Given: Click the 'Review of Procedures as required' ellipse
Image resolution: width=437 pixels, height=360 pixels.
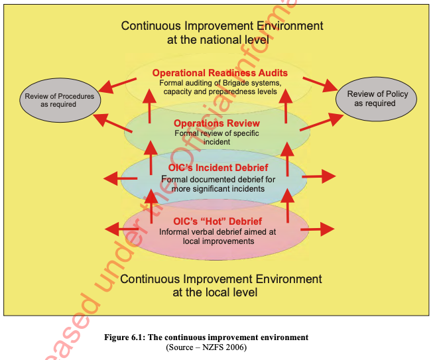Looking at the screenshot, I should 60,100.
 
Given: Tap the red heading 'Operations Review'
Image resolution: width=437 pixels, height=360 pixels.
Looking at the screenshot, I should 217,123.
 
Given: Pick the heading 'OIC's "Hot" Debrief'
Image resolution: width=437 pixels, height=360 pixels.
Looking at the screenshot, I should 216,221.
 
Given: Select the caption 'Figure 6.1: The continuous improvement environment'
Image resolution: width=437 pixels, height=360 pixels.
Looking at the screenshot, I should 206,337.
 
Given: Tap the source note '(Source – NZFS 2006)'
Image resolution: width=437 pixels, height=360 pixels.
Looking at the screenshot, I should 206,347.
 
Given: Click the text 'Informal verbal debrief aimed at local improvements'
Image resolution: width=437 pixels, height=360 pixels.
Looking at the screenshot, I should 216,237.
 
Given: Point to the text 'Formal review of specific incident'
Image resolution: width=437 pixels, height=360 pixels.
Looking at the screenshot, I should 216,137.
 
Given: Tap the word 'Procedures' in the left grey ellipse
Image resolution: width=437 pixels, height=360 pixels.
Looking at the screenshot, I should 72,96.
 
